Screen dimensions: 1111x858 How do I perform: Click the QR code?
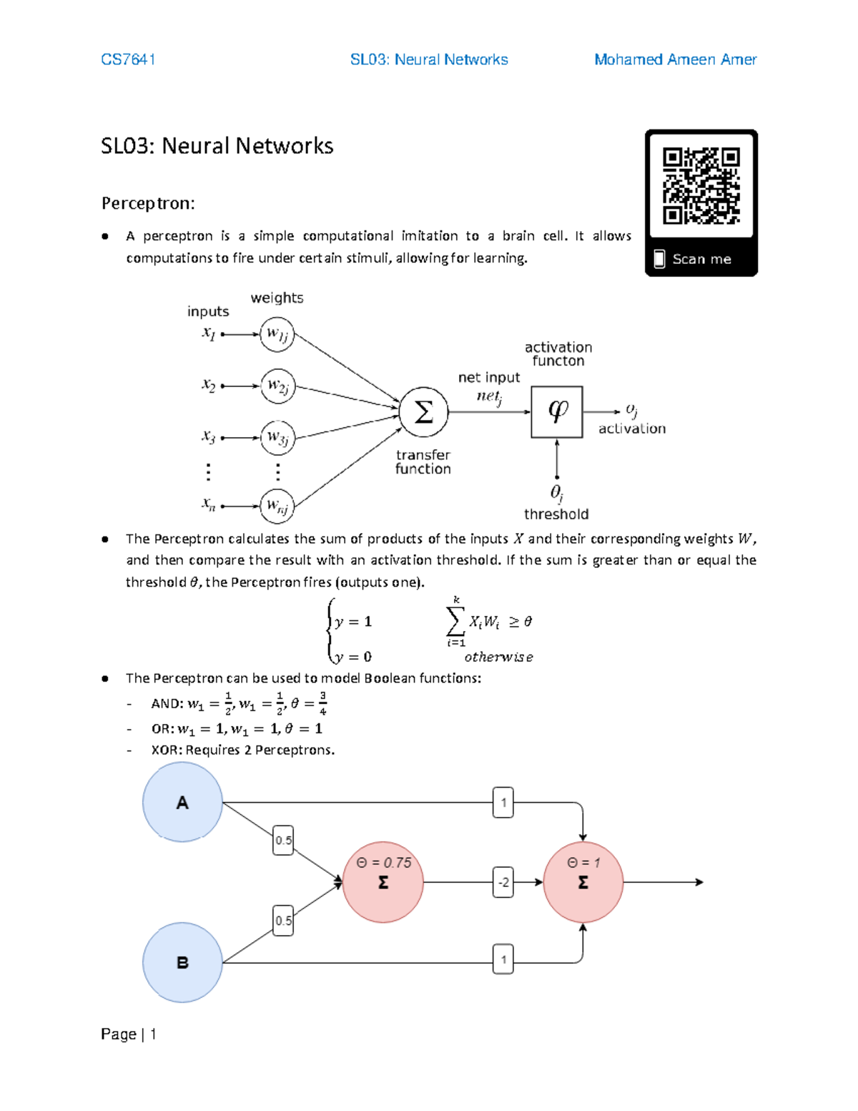[x=701, y=186]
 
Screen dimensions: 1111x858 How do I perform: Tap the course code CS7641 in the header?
[x=128, y=59]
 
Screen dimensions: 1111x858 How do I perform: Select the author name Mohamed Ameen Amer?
[x=675, y=59]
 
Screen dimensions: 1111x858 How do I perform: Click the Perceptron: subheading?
[x=148, y=203]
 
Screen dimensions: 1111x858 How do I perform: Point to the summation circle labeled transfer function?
[x=423, y=412]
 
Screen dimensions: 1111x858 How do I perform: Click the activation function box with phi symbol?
[x=557, y=412]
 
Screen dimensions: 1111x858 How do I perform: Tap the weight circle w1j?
[x=277, y=334]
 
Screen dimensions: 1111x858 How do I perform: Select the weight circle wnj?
[x=277, y=506]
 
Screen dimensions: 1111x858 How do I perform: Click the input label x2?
[x=208, y=386]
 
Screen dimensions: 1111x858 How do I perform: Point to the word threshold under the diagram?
[x=556, y=514]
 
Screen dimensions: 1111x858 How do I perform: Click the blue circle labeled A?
[x=182, y=802]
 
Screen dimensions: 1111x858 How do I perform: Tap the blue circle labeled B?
[x=182, y=962]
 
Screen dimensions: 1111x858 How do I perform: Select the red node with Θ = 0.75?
[x=383, y=881]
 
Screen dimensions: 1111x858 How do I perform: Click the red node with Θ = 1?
[x=583, y=881]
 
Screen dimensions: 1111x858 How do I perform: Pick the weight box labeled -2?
[x=503, y=882]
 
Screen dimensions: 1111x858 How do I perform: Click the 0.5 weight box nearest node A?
[x=283, y=840]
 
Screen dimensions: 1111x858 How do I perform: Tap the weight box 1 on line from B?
[x=503, y=959]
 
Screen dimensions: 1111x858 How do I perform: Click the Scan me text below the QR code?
[x=701, y=259]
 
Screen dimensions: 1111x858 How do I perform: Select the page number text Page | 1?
[x=129, y=1034]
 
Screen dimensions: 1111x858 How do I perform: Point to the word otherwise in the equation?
[x=498, y=657]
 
